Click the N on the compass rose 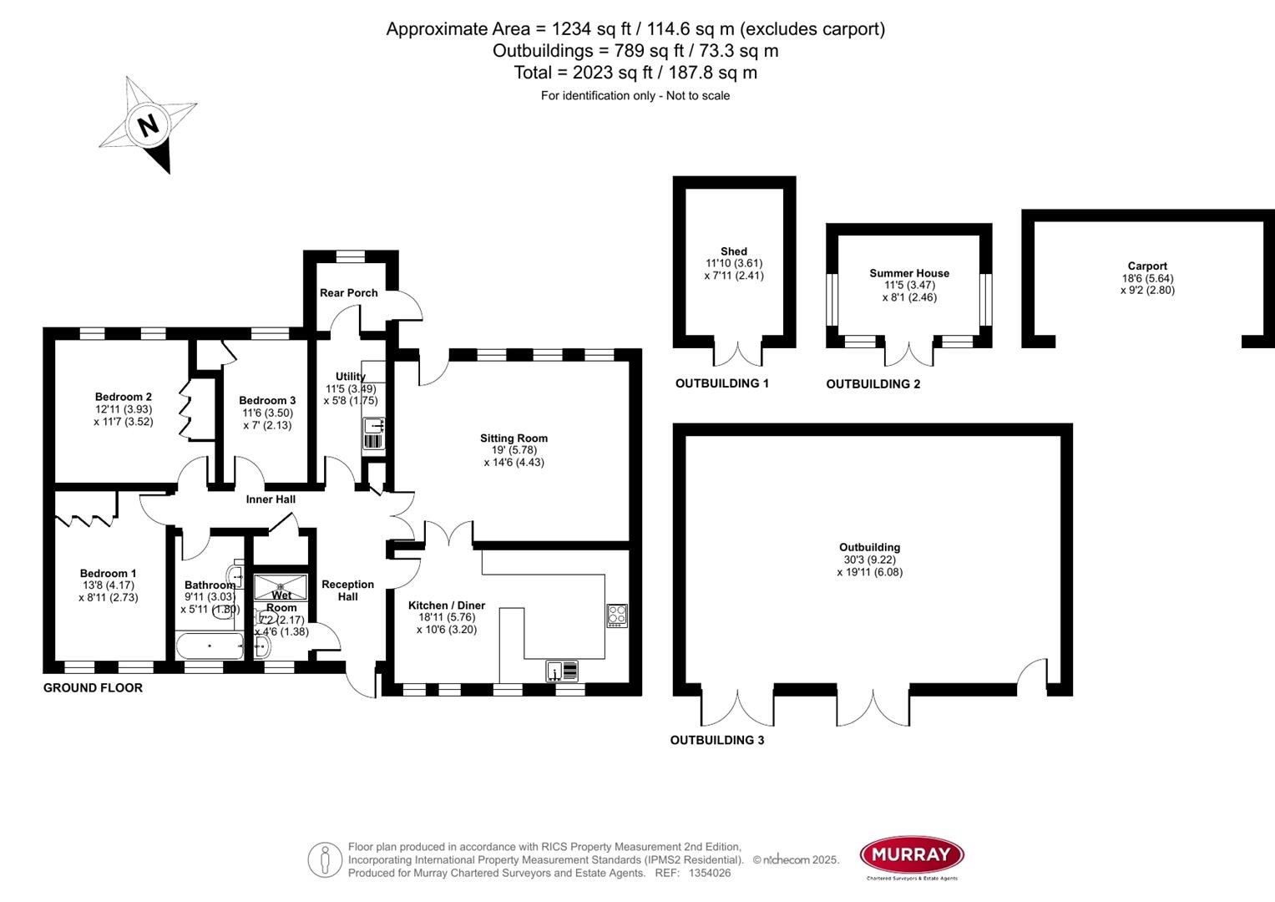pyautogui.click(x=149, y=125)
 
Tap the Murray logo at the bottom pyautogui.click(x=912, y=854)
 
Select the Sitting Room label pyautogui.click(x=514, y=438)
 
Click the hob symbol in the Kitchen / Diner pyautogui.click(x=617, y=616)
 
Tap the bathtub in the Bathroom pyautogui.click(x=210, y=646)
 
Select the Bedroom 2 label pyautogui.click(x=123, y=397)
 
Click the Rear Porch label pyautogui.click(x=349, y=292)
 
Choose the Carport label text pyautogui.click(x=1147, y=266)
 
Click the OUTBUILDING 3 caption pyautogui.click(x=716, y=740)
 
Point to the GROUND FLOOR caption pyautogui.click(x=93, y=687)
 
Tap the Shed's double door pyautogui.click(x=738, y=353)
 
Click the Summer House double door pyautogui.click(x=908, y=354)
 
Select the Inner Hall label pyautogui.click(x=271, y=499)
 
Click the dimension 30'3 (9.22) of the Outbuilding pyautogui.click(x=869, y=560)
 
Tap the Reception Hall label pyautogui.click(x=348, y=590)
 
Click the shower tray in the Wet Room pyautogui.click(x=281, y=585)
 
